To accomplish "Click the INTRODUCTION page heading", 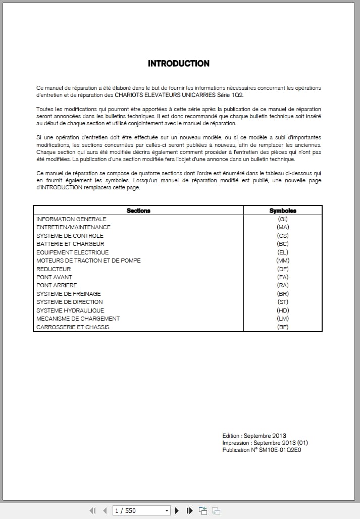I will (178, 64).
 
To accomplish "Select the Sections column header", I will (138, 211).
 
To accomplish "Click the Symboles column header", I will (283, 211).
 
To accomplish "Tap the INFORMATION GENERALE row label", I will (71, 219).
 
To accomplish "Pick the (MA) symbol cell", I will (283, 227).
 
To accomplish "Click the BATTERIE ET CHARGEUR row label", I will (70, 244).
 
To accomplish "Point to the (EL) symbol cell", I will (283, 252).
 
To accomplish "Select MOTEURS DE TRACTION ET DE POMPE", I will (88, 261).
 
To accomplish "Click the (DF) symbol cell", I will (283, 269).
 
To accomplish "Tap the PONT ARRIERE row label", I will (57, 285).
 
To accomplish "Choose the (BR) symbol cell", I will (283, 294).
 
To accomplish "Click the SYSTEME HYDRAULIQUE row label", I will (70, 310).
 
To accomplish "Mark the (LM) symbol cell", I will (283, 319).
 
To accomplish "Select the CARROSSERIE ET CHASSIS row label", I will (73, 327).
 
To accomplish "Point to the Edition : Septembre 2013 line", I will (254, 436).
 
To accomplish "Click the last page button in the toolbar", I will (190, 510).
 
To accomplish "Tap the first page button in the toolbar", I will (92, 510).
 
